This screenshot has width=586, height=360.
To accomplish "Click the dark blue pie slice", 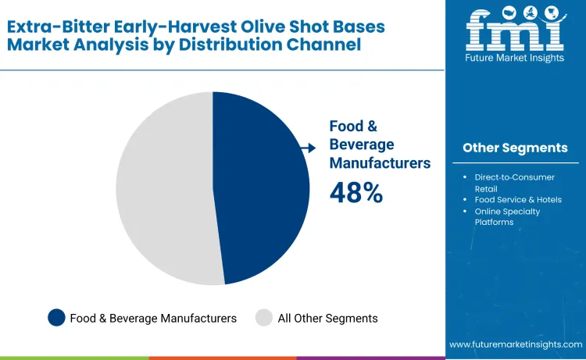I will [x=262, y=187].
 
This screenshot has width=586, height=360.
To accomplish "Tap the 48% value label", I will [x=356, y=193].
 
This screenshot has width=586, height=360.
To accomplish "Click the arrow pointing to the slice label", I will [x=309, y=148].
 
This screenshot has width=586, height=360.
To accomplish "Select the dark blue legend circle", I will [x=56, y=318].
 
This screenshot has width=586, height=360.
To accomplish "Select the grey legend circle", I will [x=264, y=318].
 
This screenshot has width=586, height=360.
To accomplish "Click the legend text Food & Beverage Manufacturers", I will [x=153, y=319].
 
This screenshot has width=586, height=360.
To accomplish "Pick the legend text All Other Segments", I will [x=327, y=319].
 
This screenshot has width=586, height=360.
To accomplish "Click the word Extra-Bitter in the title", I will [x=55, y=26].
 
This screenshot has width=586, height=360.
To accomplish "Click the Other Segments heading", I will [x=515, y=148].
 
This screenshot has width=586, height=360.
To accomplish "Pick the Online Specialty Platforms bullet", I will [x=507, y=216].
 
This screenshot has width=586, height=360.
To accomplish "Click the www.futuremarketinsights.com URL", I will [x=515, y=344].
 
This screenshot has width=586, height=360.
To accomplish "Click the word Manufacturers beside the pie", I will [x=380, y=163].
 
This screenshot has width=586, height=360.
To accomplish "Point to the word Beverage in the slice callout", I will [x=362, y=144].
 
